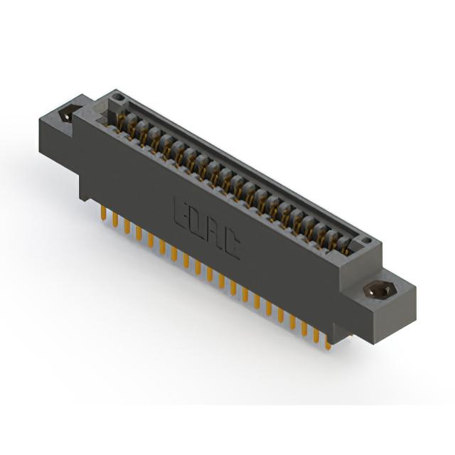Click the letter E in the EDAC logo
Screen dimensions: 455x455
pyautogui.click(x=181, y=213)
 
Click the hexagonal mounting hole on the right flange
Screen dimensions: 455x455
pyautogui.click(x=380, y=290)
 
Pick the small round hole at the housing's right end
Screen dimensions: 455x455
pyautogui.click(x=367, y=240)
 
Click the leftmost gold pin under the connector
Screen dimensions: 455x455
pyautogui.click(x=102, y=214)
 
